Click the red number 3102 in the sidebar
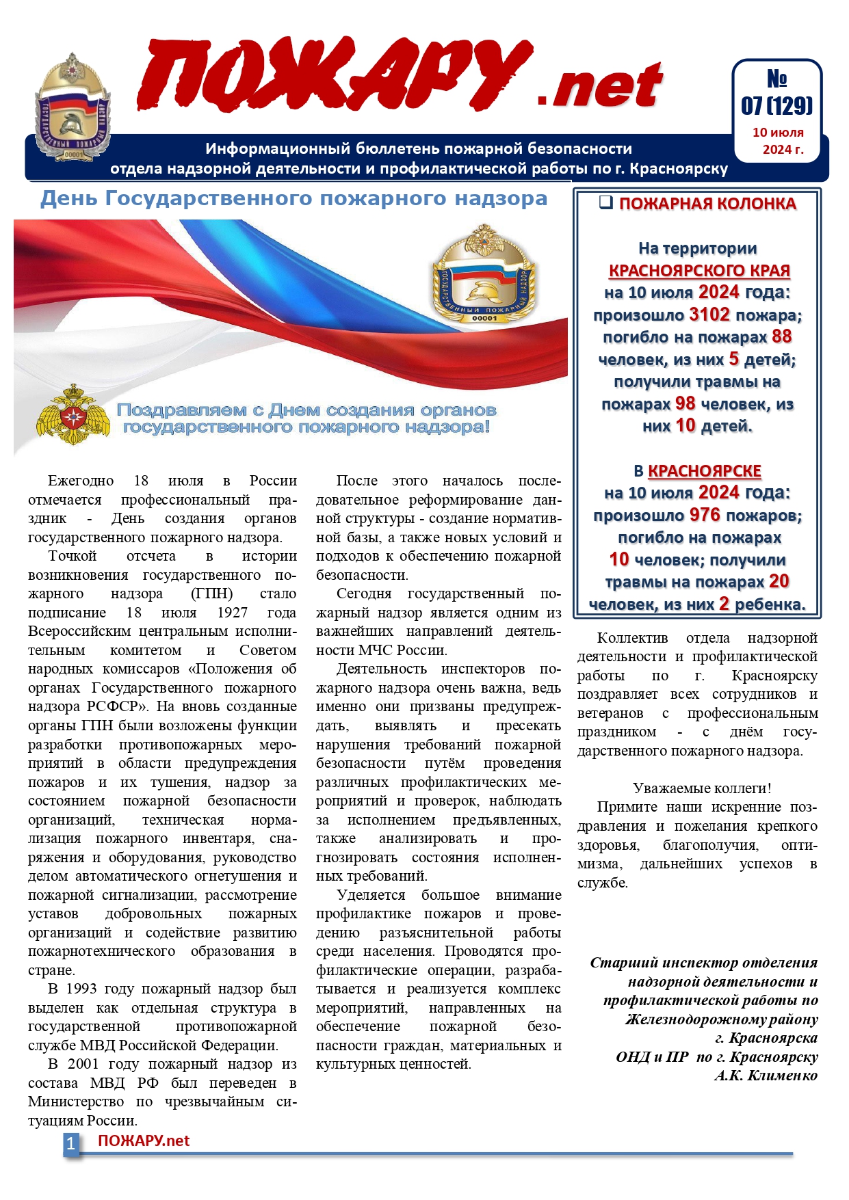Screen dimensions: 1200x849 point(709,315)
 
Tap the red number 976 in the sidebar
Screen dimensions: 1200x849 point(705,515)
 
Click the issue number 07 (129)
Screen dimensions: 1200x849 point(776,106)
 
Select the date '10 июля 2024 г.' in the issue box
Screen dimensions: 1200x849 point(778,141)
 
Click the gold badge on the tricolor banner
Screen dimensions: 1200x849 point(484,274)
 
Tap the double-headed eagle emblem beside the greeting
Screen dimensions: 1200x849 point(72,415)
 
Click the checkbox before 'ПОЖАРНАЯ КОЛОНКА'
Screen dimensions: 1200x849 point(605,202)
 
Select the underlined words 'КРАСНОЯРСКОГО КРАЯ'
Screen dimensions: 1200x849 point(699,271)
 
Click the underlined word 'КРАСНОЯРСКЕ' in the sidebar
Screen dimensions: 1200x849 point(704,471)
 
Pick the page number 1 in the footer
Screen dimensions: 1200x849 point(70,1143)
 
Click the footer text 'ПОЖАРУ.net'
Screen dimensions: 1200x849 point(144,1141)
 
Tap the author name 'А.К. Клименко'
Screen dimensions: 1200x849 point(766,1076)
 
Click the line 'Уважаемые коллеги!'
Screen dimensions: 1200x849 point(702,788)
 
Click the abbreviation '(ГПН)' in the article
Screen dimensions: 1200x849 point(211,594)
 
